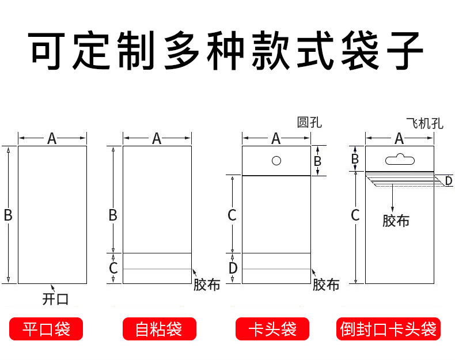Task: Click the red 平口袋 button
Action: (46, 329)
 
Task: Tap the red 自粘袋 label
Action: (159, 329)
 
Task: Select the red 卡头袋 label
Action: (272, 329)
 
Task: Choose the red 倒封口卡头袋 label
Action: (388, 329)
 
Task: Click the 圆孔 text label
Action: (309, 122)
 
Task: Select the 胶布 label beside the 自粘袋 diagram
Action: (206, 285)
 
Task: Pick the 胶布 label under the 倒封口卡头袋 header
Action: (396, 221)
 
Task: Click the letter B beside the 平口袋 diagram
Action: (8, 215)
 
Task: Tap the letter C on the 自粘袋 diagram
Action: (113, 268)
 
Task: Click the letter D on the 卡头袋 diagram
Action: (233, 268)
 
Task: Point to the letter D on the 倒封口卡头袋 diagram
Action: (448, 181)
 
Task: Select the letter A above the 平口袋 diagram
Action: (52, 138)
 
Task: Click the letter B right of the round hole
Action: (317, 161)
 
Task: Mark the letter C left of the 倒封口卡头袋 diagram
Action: (355, 215)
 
